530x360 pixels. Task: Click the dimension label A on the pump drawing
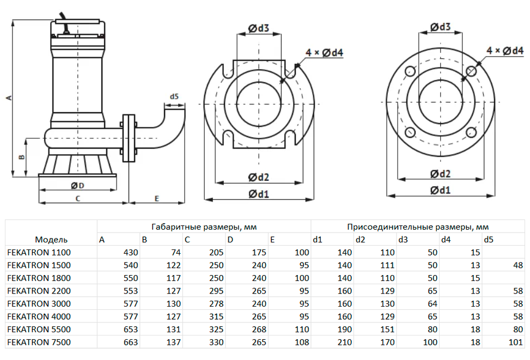click(x=8, y=97)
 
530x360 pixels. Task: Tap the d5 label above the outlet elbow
click(x=174, y=96)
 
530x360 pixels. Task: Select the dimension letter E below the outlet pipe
click(x=156, y=199)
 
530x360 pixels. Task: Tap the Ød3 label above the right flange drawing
click(x=440, y=27)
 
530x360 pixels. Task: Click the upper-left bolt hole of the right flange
click(x=410, y=71)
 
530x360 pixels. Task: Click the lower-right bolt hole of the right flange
click(x=471, y=132)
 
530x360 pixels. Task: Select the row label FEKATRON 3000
click(x=39, y=303)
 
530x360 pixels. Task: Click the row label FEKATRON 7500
click(x=39, y=342)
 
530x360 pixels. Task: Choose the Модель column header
click(x=51, y=239)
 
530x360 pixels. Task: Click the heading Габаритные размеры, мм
click(x=204, y=227)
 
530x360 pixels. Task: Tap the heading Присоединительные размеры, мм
click(x=418, y=227)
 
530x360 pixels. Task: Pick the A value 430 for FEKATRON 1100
click(x=131, y=252)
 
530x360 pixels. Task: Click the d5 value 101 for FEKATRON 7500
click(x=515, y=342)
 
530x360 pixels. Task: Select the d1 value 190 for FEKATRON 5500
click(x=345, y=329)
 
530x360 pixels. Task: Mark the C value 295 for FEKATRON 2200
click(x=216, y=291)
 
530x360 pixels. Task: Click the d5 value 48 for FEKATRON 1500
click(x=517, y=265)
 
